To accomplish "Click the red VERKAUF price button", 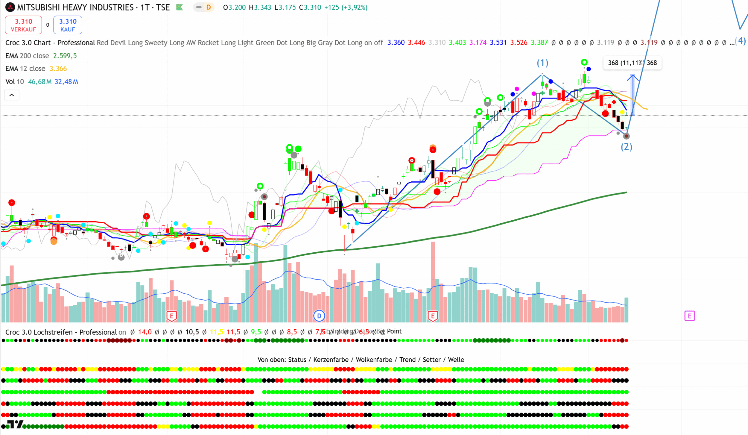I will point(23,25).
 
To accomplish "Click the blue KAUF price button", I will point(68,25).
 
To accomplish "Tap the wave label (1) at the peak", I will point(542,63).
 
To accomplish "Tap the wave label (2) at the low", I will point(626,147).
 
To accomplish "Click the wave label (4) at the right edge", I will point(741,41).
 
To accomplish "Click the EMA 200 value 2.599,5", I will point(65,56).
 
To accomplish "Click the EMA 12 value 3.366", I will point(58,69).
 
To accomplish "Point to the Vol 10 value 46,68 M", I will point(39,82).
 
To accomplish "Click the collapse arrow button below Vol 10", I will point(12,95).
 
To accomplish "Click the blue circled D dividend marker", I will point(319,316).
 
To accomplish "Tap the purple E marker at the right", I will point(689,316).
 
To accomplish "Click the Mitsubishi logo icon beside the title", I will point(10,7).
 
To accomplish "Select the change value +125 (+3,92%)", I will point(346,7).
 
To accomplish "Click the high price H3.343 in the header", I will point(260,7).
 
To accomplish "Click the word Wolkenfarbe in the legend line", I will point(374,360).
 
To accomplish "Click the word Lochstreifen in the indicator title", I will point(53,332).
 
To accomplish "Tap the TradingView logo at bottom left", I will point(14,425).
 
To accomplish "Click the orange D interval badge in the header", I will point(209,7).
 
